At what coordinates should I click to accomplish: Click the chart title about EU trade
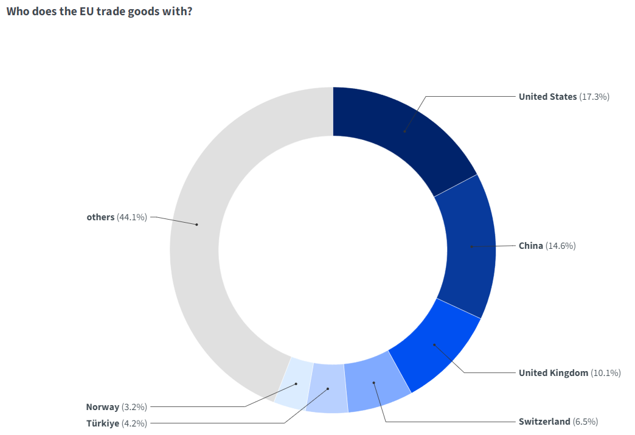click(x=99, y=11)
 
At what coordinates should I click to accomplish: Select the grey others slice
click(x=196, y=224)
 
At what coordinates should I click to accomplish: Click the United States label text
click(x=547, y=97)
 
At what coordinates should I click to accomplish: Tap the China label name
click(x=530, y=246)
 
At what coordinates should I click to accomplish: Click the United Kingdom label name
click(x=553, y=373)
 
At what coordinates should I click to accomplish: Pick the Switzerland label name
click(x=544, y=422)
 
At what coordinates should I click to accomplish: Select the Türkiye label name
click(x=103, y=423)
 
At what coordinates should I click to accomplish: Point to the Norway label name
click(x=103, y=407)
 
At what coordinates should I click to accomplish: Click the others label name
click(x=100, y=217)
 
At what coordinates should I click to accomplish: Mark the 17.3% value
click(x=594, y=97)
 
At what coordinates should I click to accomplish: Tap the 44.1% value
click(x=132, y=217)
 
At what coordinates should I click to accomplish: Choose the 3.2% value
click(x=134, y=407)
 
